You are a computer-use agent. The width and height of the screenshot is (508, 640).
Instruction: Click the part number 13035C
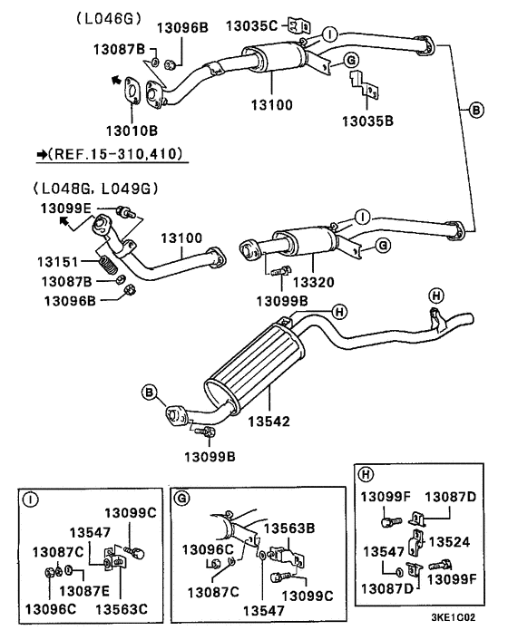[x=251, y=25]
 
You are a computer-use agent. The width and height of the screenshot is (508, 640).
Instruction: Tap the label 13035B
[x=366, y=120]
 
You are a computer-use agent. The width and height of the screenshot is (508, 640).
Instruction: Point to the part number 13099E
[x=65, y=208]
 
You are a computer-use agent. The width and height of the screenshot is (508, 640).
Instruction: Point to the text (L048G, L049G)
[x=94, y=189]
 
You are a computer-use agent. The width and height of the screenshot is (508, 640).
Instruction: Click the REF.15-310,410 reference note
[x=112, y=155]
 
